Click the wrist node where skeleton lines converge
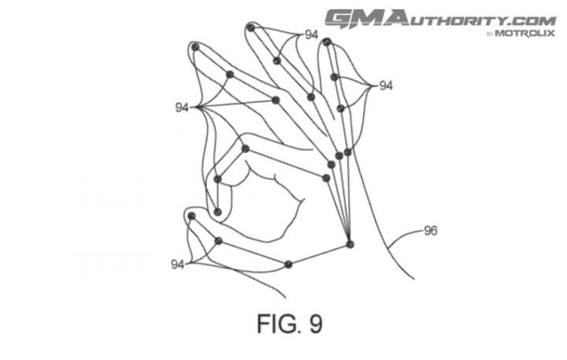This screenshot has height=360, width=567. (350, 244)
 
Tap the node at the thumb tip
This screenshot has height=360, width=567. (191, 217)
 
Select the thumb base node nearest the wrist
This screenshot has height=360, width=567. (288, 265)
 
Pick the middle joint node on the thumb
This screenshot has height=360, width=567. (218, 241)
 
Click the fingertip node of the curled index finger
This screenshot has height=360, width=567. (217, 212)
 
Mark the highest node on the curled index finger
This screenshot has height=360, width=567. (246, 148)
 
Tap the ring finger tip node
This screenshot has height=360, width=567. (251, 28)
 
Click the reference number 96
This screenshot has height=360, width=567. (431, 231)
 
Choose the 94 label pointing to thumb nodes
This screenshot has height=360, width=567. (177, 265)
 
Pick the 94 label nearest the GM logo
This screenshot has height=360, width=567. (312, 35)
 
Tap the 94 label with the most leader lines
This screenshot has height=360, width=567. (182, 107)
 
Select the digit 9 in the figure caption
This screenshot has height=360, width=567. (316, 324)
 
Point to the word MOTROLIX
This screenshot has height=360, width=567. (524, 34)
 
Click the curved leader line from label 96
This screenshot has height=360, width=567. (402, 235)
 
